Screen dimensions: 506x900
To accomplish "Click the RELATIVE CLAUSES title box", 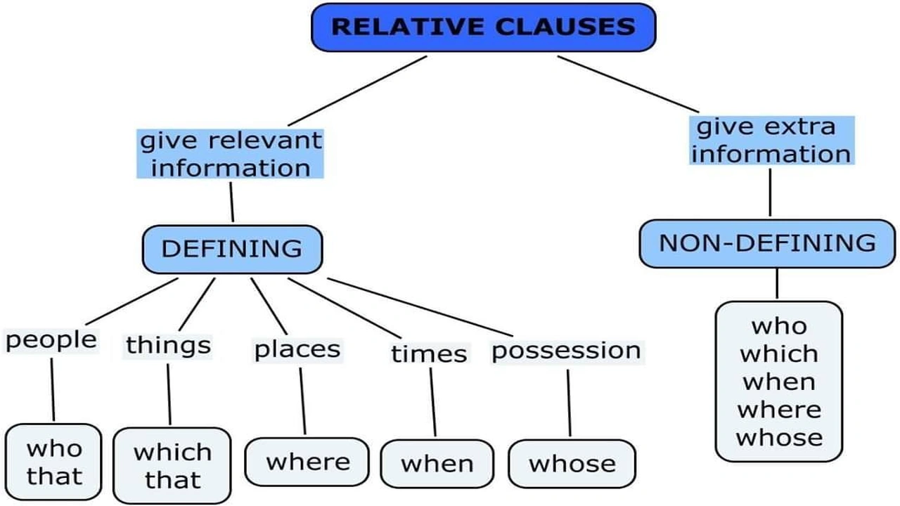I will coord(483,27).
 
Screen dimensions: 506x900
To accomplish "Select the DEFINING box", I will coord(232,249).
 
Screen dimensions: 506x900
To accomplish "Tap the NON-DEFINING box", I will coord(767,243).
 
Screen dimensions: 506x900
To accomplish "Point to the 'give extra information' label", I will coord(771,141).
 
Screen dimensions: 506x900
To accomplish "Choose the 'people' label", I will coord(51,340).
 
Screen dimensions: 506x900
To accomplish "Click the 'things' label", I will coord(168,345).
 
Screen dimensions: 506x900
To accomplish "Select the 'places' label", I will coord(297,349).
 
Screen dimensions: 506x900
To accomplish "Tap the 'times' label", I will coord(429,353).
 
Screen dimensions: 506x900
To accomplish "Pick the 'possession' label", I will coord(566,351).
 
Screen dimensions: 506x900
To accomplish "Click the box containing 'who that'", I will coord(54,462).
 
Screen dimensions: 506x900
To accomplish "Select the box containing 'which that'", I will coord(172,465).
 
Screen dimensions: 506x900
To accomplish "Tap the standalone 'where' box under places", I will coord(307,462).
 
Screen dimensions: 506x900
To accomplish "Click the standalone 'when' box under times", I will coord(437,464).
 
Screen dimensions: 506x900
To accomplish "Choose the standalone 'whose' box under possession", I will coord(572,464).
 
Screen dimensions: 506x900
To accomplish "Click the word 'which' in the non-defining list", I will coord(778,353).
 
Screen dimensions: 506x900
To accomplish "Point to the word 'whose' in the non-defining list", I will coord(778,437).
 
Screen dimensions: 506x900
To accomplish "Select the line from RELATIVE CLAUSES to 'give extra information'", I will coord(629,84).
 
